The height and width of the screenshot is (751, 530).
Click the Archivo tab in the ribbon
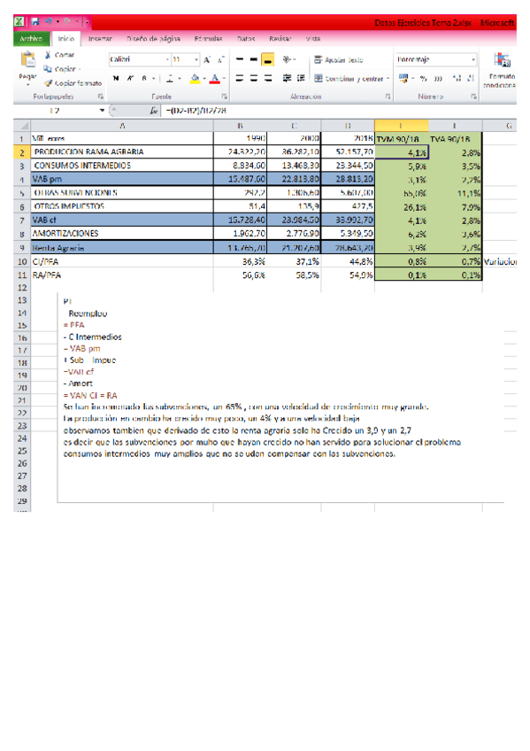point(30,39)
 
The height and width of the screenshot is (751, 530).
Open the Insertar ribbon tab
point(100,39)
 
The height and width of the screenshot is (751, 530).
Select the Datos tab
point(246,39)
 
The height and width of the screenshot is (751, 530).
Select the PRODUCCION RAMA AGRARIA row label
point(88,152)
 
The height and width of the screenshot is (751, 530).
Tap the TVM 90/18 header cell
point(397,139)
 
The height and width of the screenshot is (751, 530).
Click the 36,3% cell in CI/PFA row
point(253,261)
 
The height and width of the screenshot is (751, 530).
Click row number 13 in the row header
point(17,301)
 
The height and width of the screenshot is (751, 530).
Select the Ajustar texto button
point(339,59)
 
